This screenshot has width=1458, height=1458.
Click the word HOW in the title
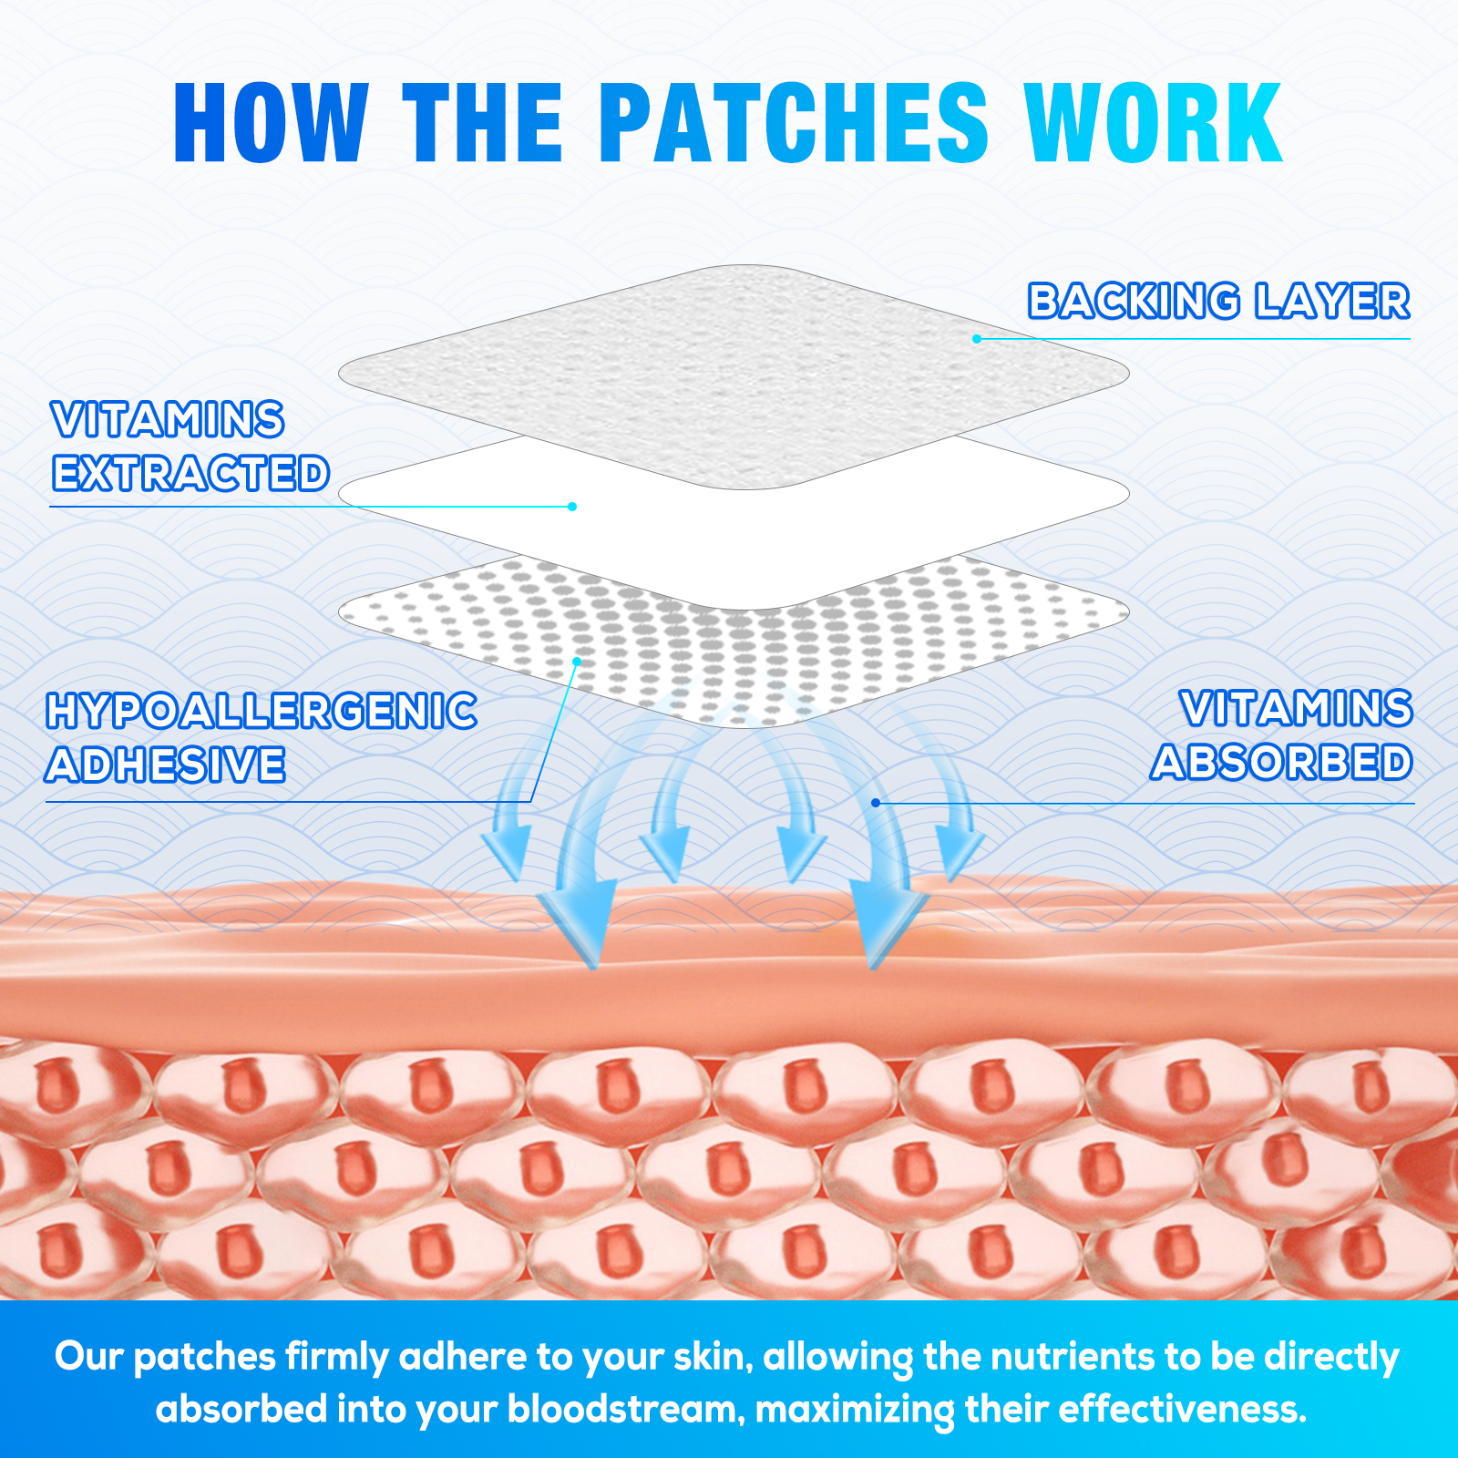(271, 123)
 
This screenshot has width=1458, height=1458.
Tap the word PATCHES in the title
(793, 123)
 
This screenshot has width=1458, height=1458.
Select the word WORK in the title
(1153, 123)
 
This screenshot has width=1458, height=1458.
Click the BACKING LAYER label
(1218, 302)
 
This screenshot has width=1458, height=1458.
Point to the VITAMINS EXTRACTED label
(190, 447)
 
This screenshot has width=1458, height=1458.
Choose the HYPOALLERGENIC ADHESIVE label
(261, 738)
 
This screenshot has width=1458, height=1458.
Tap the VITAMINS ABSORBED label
(1282, 735)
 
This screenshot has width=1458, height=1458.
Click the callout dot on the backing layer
(977, 339)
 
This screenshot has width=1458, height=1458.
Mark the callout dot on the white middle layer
(572, 507)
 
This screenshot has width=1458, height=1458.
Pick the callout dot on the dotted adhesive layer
(576, 661)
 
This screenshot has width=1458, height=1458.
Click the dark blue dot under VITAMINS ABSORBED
(876, 803)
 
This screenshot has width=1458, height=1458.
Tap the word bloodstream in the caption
(621, 1410)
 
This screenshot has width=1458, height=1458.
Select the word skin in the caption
(712, 1357)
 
